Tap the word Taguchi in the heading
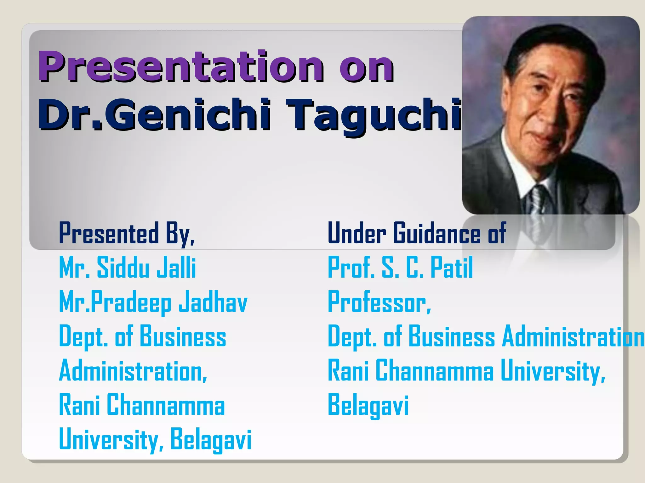click(x=375, y=115)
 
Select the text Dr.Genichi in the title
click(x=154, y=115)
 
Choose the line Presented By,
click(x=127, y=233)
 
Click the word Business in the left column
click(x=183, y=336)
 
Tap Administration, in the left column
click(x=133, y=371)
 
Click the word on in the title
click(x=366, y=67)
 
